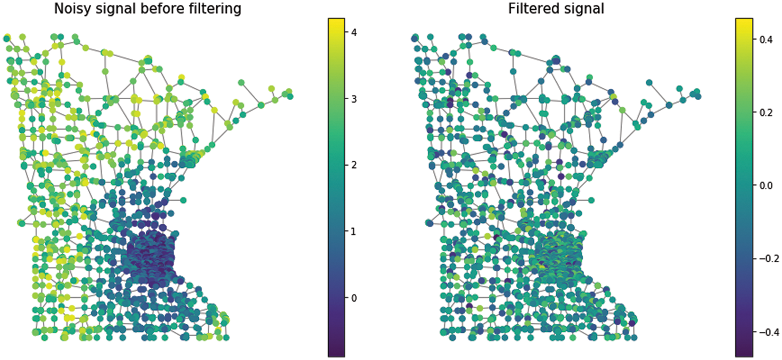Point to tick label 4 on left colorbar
354,32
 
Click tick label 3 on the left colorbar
354,99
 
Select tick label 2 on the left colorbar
354,165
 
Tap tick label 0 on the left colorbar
354,298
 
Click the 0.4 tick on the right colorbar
766,39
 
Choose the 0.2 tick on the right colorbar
766,112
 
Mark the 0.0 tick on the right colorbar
766,185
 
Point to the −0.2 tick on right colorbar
766,259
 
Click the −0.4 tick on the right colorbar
766,332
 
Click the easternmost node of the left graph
290,96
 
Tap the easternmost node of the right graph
698,96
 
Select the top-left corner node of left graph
6,39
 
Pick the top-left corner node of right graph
414,39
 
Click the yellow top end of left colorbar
336,21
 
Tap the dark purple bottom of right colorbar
744,354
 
